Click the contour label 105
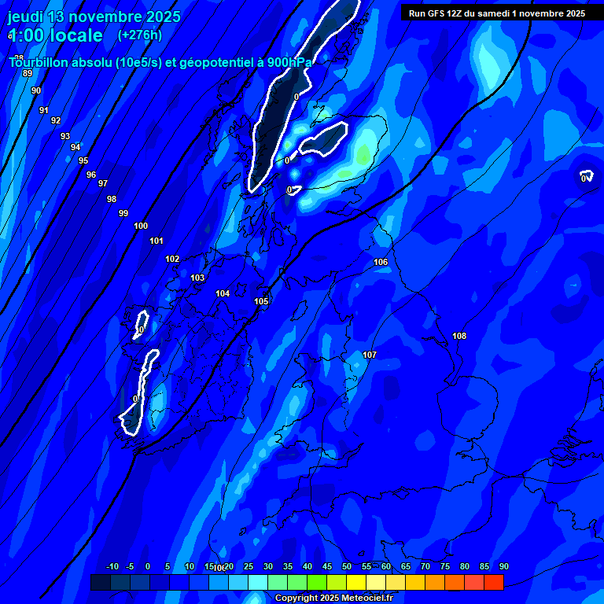(262, 301)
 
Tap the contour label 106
(381, 262)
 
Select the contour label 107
(370, 355)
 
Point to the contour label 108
(459, 336)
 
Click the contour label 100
(141, 226)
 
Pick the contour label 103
(197, 278)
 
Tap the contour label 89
(28, 73)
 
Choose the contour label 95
(83, 160)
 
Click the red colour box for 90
(494, 583)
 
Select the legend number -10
(112, 566)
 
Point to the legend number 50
(347, 566)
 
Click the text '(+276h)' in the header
(139, 35)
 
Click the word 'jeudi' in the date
(27, 17)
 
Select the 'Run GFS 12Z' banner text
(497, 13)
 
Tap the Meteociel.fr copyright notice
(333, 598)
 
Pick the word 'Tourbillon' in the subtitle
(39, 62)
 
